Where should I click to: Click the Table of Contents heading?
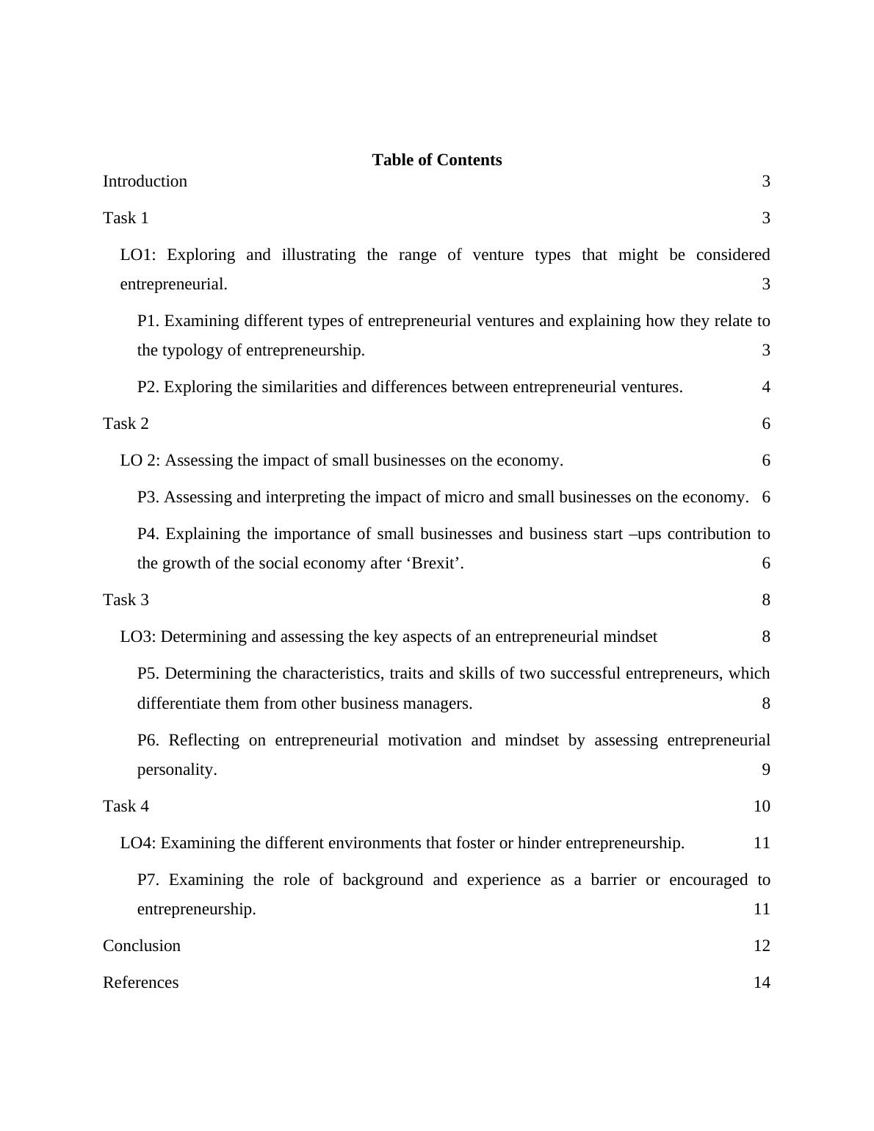tap(436, 160)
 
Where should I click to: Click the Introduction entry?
tap(145, 181)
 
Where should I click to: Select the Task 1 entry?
tap(126, 218)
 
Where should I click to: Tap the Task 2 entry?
tap(126, 424)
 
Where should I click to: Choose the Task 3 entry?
tap(126, 600)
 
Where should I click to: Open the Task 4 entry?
tap(126, 806)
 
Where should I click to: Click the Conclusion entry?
tap(142, 946)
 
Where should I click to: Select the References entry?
tap(140, 983)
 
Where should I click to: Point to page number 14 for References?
tap(762, 983)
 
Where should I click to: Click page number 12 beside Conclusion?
tap(762, 946)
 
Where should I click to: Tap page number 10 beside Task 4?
tap(762, 806)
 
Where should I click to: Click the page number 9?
tap(766, 770)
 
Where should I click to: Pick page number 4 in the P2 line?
tap(766, 387)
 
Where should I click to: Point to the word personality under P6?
tap(176, 770)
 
